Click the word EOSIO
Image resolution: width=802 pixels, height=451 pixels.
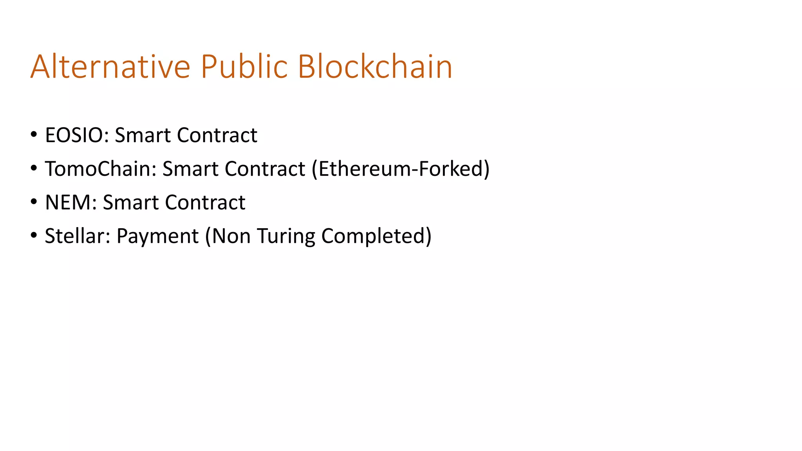[x=77, y=135]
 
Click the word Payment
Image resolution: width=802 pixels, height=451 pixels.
[x=157, y=236]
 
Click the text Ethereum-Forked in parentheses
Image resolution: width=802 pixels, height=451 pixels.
[x=401, y=169]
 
